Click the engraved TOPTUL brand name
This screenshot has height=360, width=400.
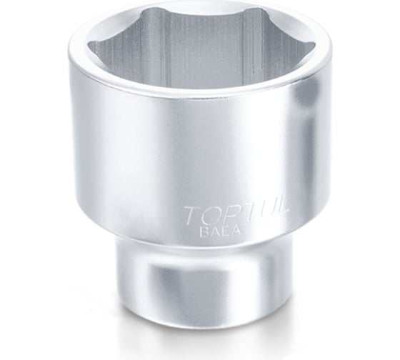236,213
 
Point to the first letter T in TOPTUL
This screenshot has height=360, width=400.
191,214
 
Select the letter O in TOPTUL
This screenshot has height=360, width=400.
209,214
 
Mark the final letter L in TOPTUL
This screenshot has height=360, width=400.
279,209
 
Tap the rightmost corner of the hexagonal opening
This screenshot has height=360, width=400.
314,47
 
